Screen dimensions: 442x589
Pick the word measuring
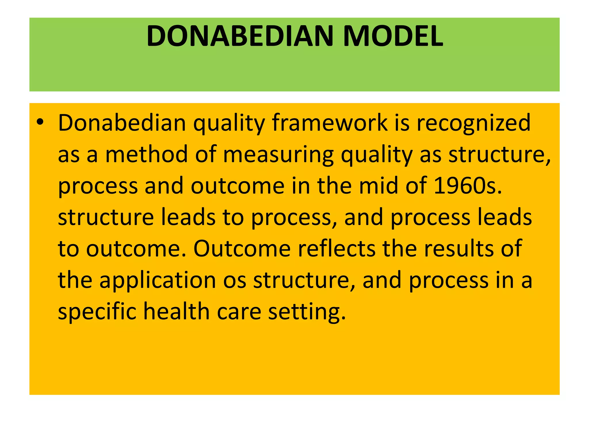click(x=278, y=155)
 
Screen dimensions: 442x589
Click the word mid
click(x=378, y=186)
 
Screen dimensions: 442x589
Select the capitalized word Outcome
click(x=242, y=248)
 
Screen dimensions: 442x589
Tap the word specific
click(x=97, y=312)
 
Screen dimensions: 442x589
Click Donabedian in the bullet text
click(x=122, y=123)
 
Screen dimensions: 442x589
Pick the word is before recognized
click(x=402, y=123)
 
